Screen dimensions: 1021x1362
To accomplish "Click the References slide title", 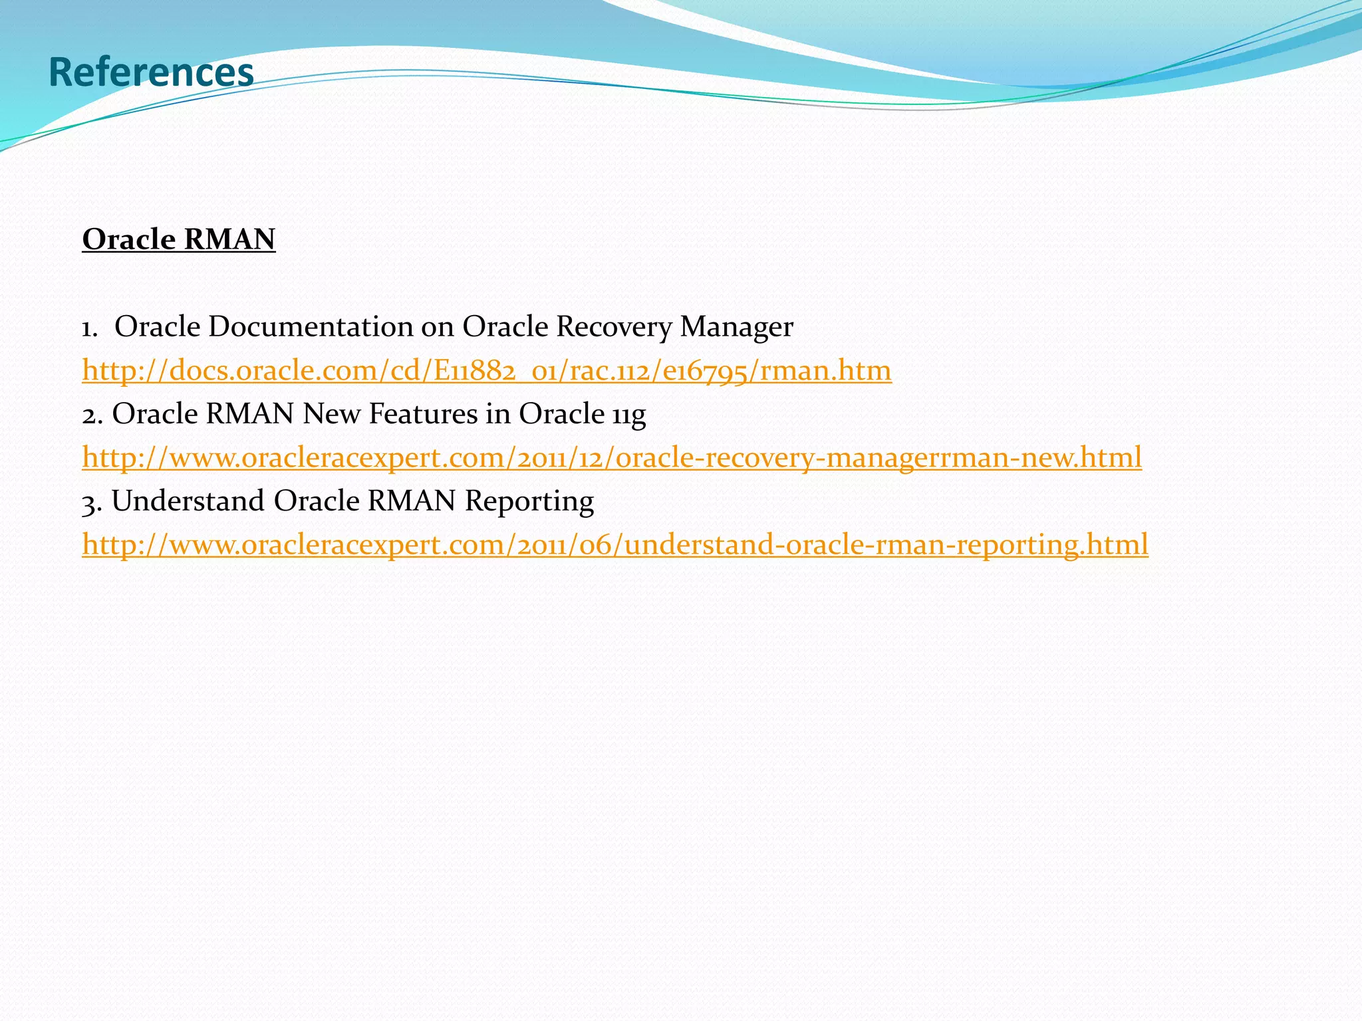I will [x=151, y=72].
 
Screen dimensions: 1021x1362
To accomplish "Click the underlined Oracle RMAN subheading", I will [x=178, y=239].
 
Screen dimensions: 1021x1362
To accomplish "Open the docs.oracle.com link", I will [x=486, y=370].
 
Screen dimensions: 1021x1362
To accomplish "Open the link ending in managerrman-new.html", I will [x=612, y=457].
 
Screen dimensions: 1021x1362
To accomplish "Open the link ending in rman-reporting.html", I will [x=615, y=544].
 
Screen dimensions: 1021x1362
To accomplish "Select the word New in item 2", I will [x=332, y=413].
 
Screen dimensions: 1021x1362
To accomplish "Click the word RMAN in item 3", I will [x=412, y=501].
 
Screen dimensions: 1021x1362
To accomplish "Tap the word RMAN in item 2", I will [x=250, y=413].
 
